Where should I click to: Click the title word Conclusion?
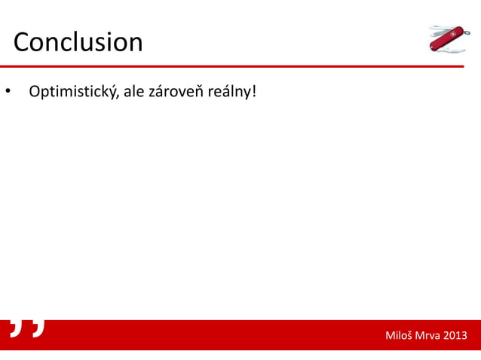tap(78, 41)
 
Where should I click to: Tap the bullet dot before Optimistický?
tap(7, 93)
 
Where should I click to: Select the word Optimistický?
tap(70, 93)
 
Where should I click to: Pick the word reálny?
tap(230, 93)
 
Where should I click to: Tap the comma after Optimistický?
tap(114, 97)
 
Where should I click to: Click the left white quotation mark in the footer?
tap(17, 328)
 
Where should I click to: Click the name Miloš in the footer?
tap(399, 335)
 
